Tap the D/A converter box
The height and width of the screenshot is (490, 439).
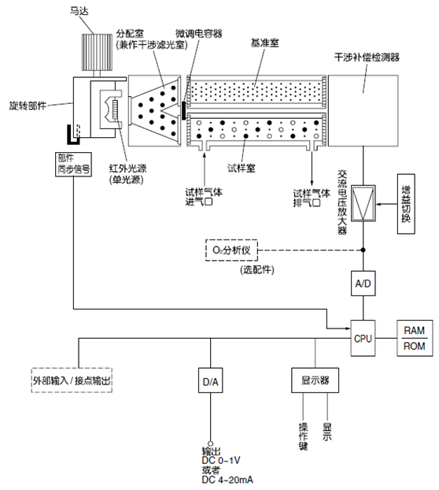point(210,382)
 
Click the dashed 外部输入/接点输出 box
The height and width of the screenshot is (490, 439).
point(73,380)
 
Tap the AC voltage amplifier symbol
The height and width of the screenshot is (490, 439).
point(363,203)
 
